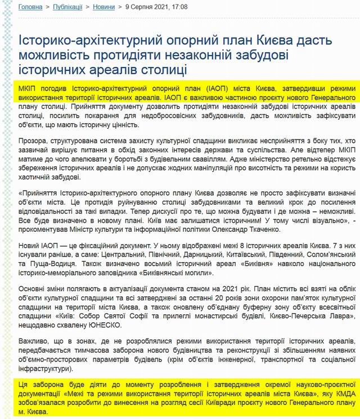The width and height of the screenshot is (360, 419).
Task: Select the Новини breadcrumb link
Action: (105, 8)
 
